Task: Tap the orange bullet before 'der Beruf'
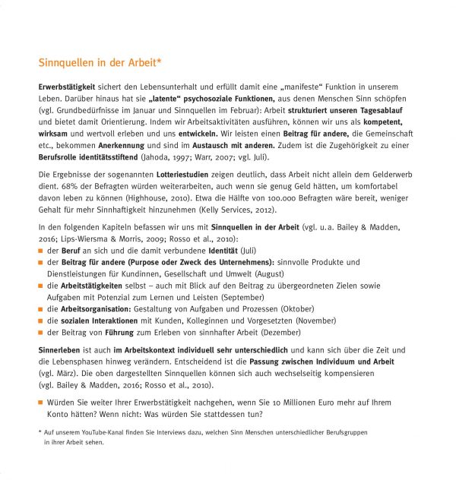(x=41, y=250)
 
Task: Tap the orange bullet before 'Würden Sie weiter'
(x=41, y=402)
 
